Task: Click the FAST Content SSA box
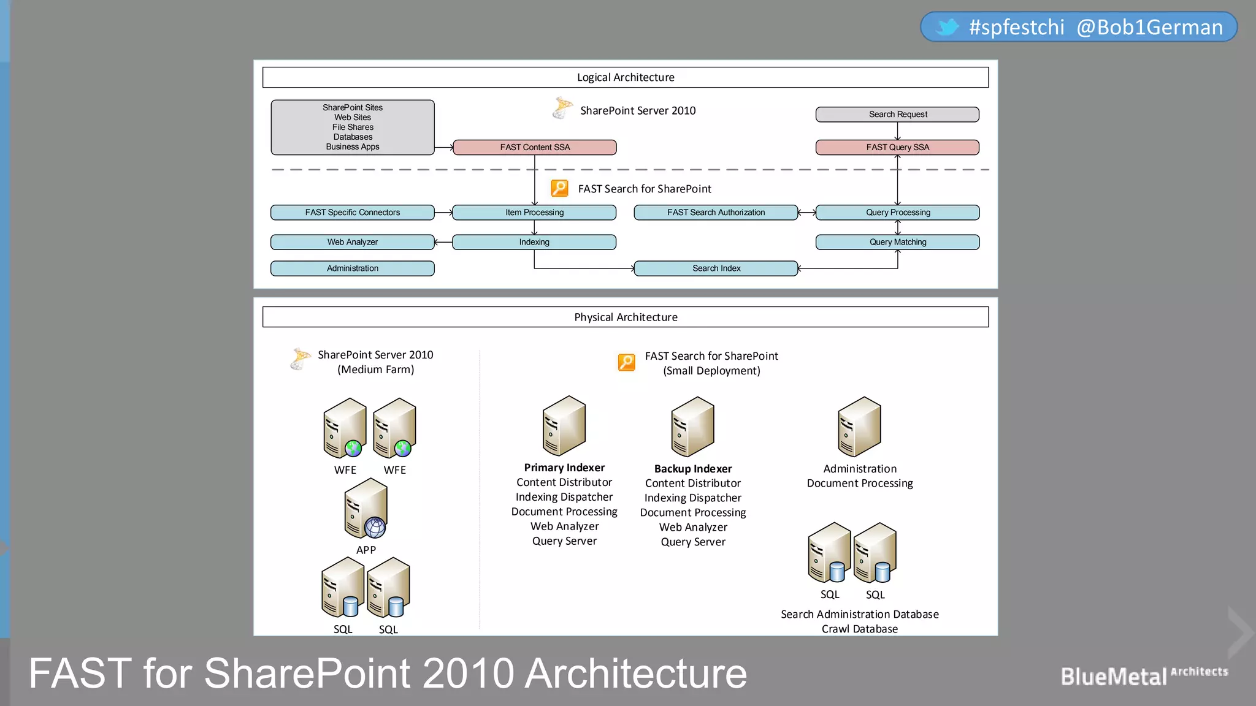pos(534,147)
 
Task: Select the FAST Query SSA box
pos(897,147)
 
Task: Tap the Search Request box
pos(897,115)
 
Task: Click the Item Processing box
pos(534,213)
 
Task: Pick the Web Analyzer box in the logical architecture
pos(352,242)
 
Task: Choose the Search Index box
pos(716,268)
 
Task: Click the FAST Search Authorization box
pos(716,213)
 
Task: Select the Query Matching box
pos(897,242)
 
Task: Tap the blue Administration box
pos(352,268)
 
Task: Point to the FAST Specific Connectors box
pos(352,213)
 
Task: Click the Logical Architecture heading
pos(626,77)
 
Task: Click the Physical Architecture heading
pos(626,317)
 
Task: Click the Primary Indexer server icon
pos(564,426)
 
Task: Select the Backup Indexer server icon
pos(693,427)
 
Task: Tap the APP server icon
pos(366,509)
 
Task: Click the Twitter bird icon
pos(947,27)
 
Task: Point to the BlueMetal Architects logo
pos(1144,675)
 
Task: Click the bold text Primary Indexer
pos(564,468)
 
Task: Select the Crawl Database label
pos(859,629)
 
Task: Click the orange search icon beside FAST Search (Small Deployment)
pos(626,362)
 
